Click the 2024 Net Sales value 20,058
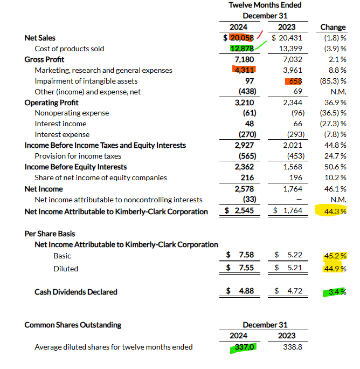point(242,38)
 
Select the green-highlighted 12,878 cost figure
point(242,49)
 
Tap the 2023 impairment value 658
point(295,81)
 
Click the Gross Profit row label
point(44,59)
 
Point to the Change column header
point(333,27)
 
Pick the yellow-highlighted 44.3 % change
point(335,211)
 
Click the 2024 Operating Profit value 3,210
point(244,102)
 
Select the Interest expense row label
point(62,135)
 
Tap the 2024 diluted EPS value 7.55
point(246,268)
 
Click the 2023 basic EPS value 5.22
point(295,255)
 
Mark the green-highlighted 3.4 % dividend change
point(337,292)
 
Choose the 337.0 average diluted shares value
point(244,347)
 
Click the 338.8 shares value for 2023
point(293,347)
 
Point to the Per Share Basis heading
point(50,234)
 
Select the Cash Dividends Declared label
point(75,292)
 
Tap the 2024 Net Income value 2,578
point(244,189)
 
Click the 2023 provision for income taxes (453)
point(296,156)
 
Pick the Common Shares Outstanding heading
point(73,325)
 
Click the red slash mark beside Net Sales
point(260,35)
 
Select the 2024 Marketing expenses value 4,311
point(244,70)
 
